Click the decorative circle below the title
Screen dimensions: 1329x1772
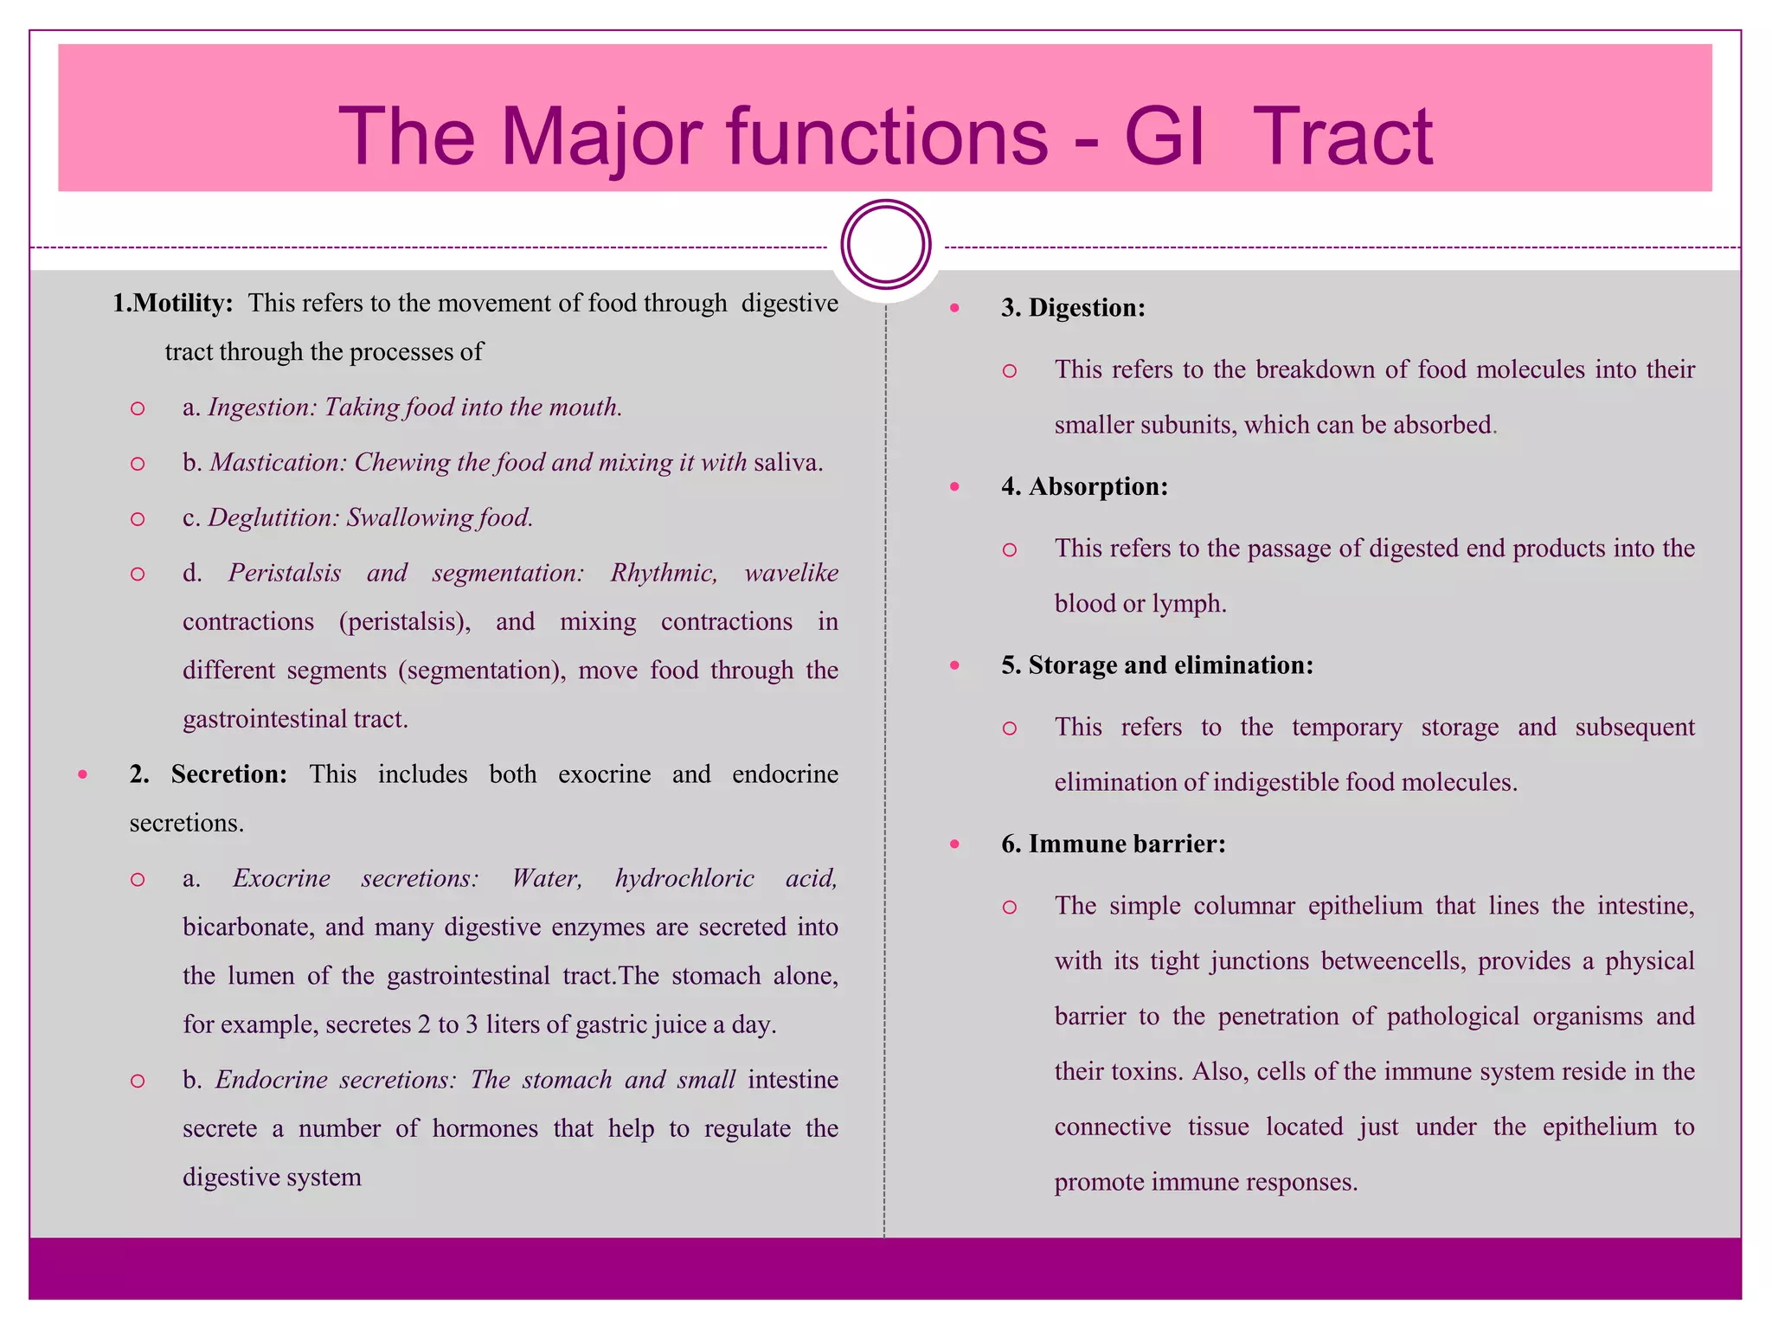tap(885, 244)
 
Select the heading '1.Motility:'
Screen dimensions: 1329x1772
tap(173, 303)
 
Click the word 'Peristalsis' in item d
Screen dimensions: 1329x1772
tap(285, 573)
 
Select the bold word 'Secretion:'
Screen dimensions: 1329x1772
tap(229, 774)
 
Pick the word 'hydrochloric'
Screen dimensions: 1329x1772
tap(684, 878)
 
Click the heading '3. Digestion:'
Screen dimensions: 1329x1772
tap(1073, 307)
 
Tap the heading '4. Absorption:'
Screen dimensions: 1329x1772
tap(1084, 486)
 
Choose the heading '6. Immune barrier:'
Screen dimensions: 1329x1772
tap(1114, 844)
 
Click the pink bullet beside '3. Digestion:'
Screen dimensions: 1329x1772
tap(954, 308)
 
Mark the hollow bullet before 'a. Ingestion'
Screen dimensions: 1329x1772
tap(137, 408)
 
